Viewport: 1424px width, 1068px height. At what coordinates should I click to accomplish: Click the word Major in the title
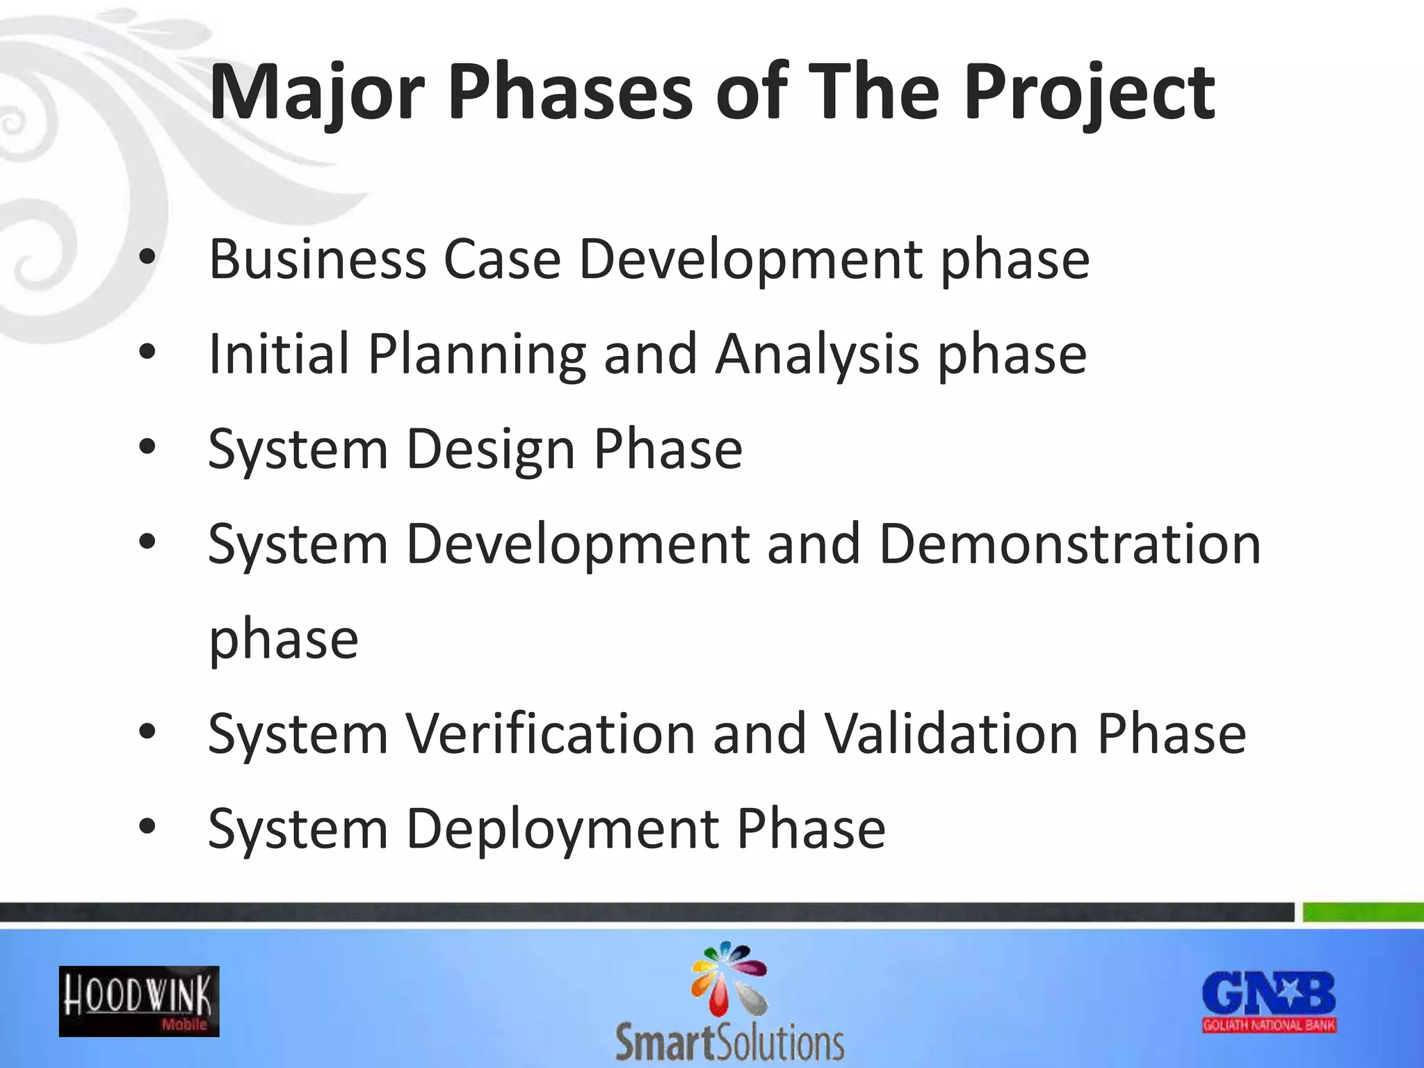(x=316, y=94)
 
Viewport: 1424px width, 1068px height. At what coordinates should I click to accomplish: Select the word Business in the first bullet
(x=317, y=259)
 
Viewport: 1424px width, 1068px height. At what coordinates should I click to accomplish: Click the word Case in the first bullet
(x=501, y=259)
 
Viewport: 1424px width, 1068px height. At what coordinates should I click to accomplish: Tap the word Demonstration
(x=1069, y=544)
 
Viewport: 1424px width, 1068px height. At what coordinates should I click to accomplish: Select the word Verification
(x=551, y=734)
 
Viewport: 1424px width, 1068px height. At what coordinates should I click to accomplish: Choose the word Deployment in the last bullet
(x=562, y=829)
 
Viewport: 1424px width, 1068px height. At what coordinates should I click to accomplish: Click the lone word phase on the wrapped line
(x=284, y=640)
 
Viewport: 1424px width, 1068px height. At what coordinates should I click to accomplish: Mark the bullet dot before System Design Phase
(x=147, y=447)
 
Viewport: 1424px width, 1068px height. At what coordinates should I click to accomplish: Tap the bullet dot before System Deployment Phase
(x=147, y=827)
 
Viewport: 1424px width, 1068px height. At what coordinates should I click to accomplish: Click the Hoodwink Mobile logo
(x=139, y=1001)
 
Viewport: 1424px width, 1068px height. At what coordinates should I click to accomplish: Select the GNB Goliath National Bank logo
(x=1269, y=1001)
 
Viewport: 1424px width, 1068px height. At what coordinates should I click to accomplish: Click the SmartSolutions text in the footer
(x=729, y=1042)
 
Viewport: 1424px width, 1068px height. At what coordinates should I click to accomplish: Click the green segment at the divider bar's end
(x=1362, y=912)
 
